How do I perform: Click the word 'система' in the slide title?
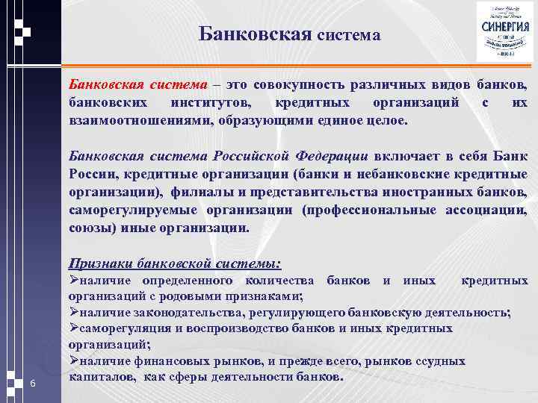coord(348,35)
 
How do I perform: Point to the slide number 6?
coord(33,384)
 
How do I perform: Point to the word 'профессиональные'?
coord(371,210)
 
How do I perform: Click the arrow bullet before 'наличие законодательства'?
coord(73,312)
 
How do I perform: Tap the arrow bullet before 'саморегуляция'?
coord(73,328)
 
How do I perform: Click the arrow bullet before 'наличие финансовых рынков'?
coord(73,361)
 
